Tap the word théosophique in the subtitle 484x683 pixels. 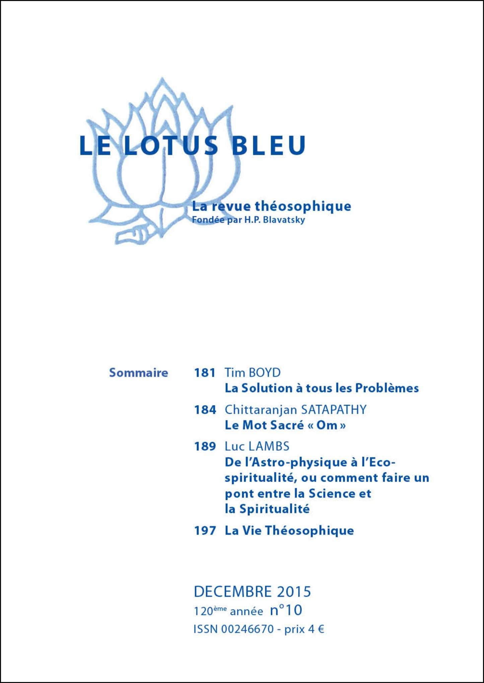303,206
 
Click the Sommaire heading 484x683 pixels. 139,373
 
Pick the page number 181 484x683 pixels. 205,373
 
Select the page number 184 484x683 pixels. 205,410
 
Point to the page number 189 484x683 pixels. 205,446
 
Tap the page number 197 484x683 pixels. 205,531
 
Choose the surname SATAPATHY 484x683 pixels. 334,410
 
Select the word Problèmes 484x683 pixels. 387,388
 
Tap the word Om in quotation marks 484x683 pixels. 327,425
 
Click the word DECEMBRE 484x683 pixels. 233,592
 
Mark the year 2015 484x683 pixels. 294,592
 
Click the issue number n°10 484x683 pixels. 286,611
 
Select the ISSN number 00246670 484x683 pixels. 248,629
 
